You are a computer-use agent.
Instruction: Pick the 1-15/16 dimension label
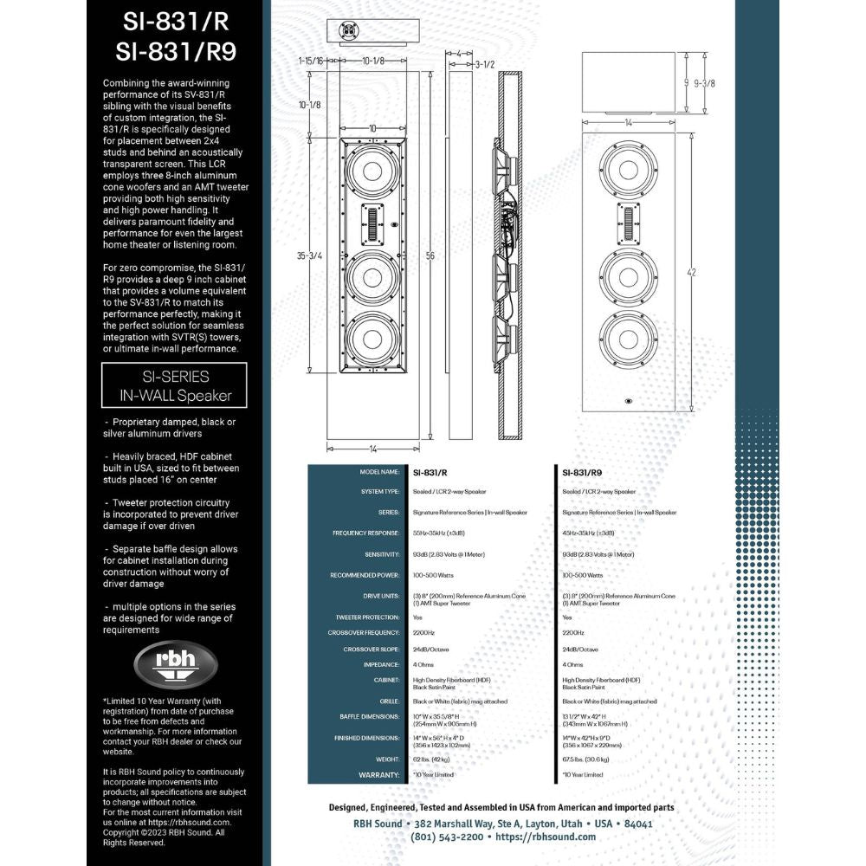coord(309,61)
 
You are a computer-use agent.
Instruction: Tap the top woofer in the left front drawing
coord(372,170)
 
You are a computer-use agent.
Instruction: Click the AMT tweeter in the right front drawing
coord(629,225)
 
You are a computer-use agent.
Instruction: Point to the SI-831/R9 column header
coord(582,473)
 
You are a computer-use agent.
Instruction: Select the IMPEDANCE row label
coord(381,664)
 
